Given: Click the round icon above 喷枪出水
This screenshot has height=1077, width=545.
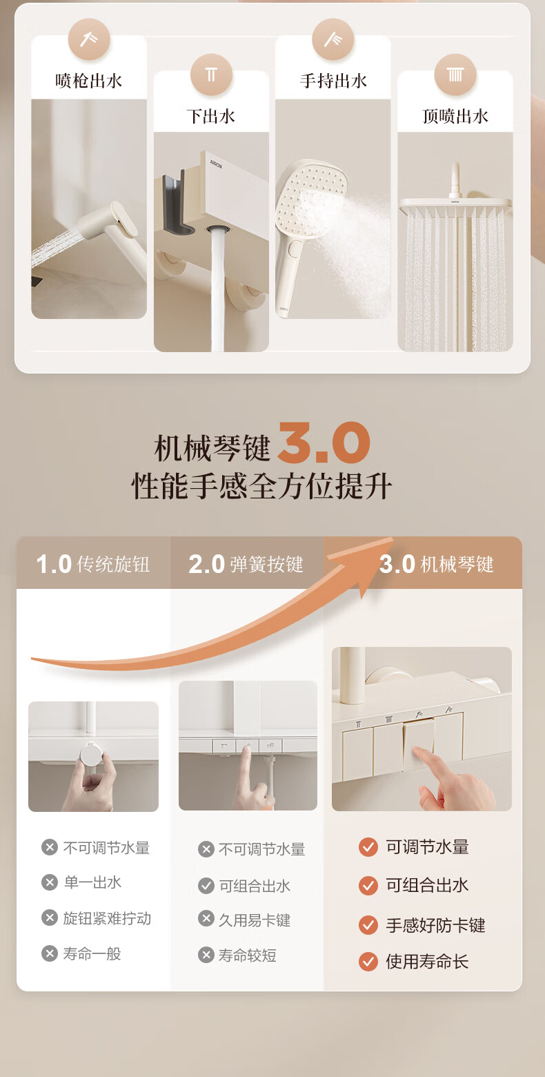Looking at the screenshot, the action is pyautogui.click(x=89, y=39).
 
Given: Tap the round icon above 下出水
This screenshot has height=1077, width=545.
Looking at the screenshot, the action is pyautogui.click(x=212, y=75).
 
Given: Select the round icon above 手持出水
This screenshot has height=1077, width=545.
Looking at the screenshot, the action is pyautogui.click(x=333, y=39).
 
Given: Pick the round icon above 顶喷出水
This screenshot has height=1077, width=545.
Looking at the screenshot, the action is pyautogui.click(x=455, y=75).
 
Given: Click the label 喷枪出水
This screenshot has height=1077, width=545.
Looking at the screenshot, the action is pyautogui.click(x=89, y=81).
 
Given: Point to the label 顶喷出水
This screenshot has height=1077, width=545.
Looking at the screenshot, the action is pyautogui.click(x=455, y=117).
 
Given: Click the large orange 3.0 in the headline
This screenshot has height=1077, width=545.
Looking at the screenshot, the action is pyautogui.click(x=324, y=443).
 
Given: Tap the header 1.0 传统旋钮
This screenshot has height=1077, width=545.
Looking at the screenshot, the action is pyautogui.click(x=92, y=564).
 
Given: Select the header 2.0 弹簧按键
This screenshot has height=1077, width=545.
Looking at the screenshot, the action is pyautogui.click(x=246, y=564).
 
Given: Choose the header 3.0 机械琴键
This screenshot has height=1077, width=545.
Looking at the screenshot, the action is pyautogui.click(x=437, y=564).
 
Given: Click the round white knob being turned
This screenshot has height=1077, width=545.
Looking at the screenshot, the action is pyautogui.click(x=91, y=754).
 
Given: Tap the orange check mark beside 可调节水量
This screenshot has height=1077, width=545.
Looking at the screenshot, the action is pyautogui.click(x=368, y=847).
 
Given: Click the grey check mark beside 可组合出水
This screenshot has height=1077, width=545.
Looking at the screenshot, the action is pyautogui.click(x=206, y=886).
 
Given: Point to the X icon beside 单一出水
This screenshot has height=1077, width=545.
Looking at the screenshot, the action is pyautogui.click(x=50, y=882).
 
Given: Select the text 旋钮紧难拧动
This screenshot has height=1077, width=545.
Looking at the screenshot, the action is pyautogui.click(x=107, y=918).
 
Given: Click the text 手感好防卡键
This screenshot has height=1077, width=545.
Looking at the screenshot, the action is pyautogui.click(x=435, y=925).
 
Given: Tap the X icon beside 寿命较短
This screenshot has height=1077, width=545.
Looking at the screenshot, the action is pyautogui.click(x=206, y=955).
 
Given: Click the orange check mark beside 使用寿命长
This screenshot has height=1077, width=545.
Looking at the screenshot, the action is pyautogui.click(x=368, y=962).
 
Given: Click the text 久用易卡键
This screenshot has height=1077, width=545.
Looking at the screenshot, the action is pyautogui.click(x=255, y=920).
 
